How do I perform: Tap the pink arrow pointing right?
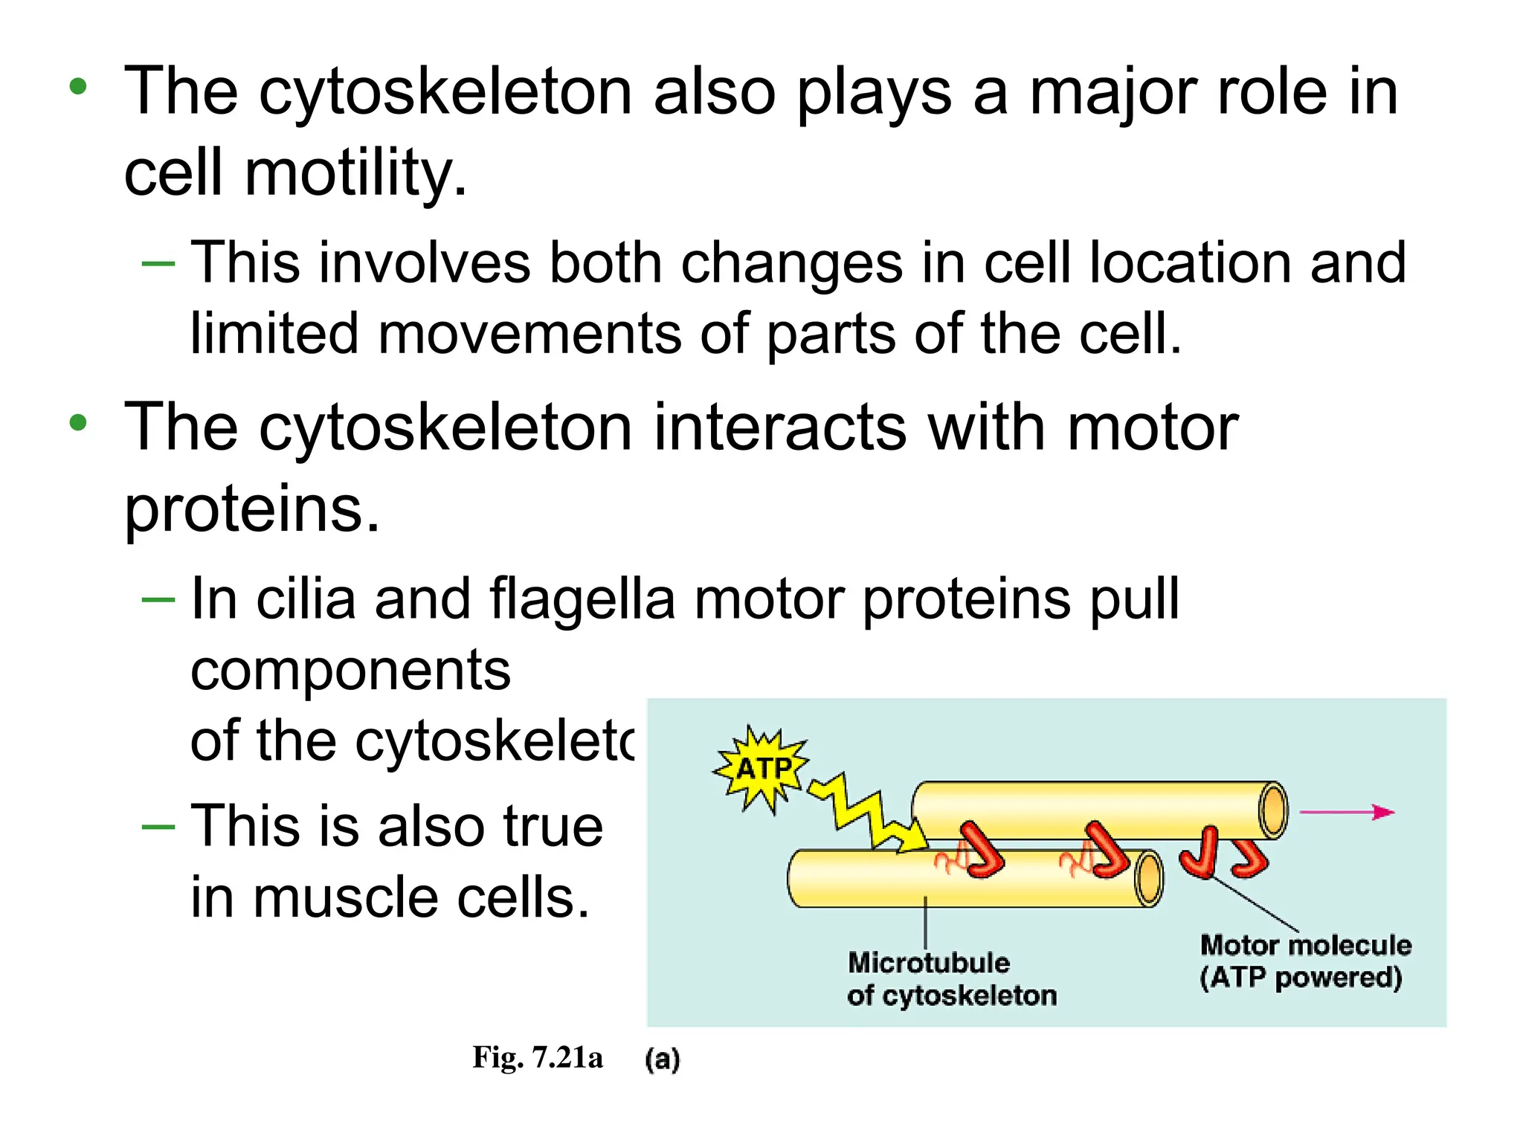[x=1347, y=812]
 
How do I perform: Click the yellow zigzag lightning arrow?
[x=867, y=812]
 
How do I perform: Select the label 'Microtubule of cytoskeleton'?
[x=951, y=978]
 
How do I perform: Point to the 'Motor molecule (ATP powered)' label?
[x=1305, y=961]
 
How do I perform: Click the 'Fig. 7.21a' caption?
[x=537, y=1056]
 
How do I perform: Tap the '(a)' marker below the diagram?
[x=662, y=1059]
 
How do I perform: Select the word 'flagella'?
[x=582, y=599]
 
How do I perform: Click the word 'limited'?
[x=274, y=333]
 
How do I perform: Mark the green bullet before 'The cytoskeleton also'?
[x=78, y=87]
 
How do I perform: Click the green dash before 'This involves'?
[x=158, y=264]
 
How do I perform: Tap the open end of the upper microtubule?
[x=1273, y=810]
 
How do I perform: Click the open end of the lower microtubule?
[x=1150, y=879]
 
